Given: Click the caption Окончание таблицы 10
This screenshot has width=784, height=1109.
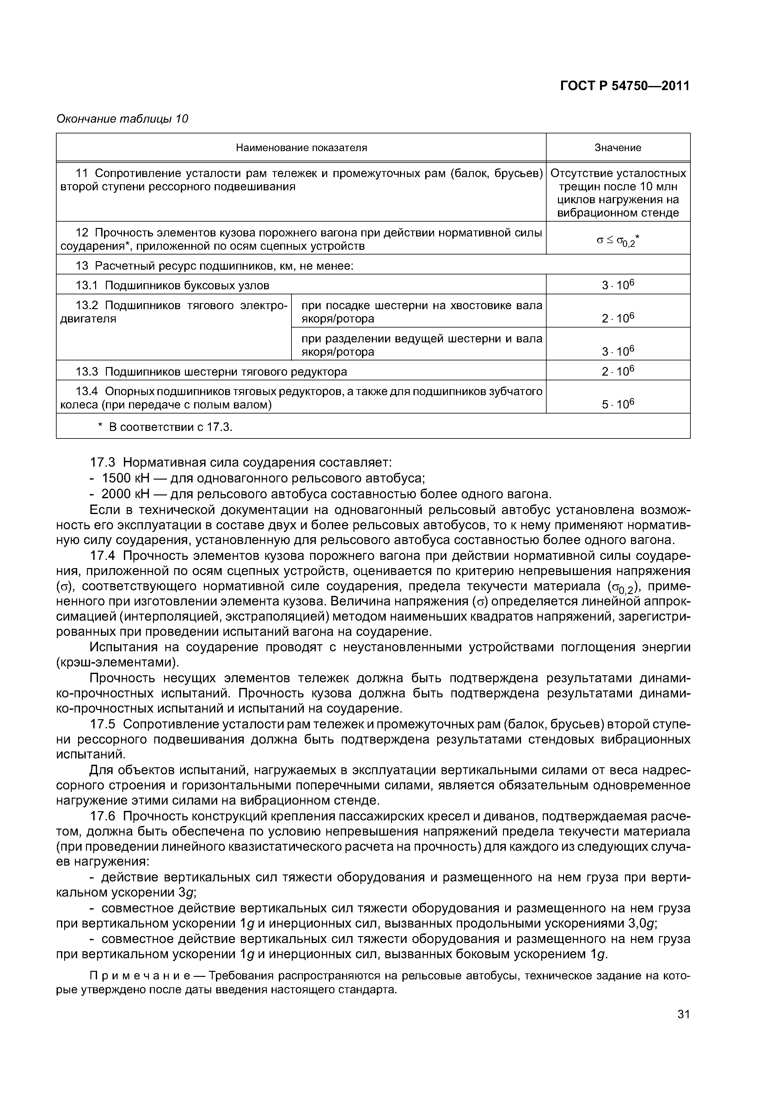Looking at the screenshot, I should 122,119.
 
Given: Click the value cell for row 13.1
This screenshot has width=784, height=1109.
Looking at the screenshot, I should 617,285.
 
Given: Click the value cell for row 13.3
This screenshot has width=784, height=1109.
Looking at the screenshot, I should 617,371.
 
